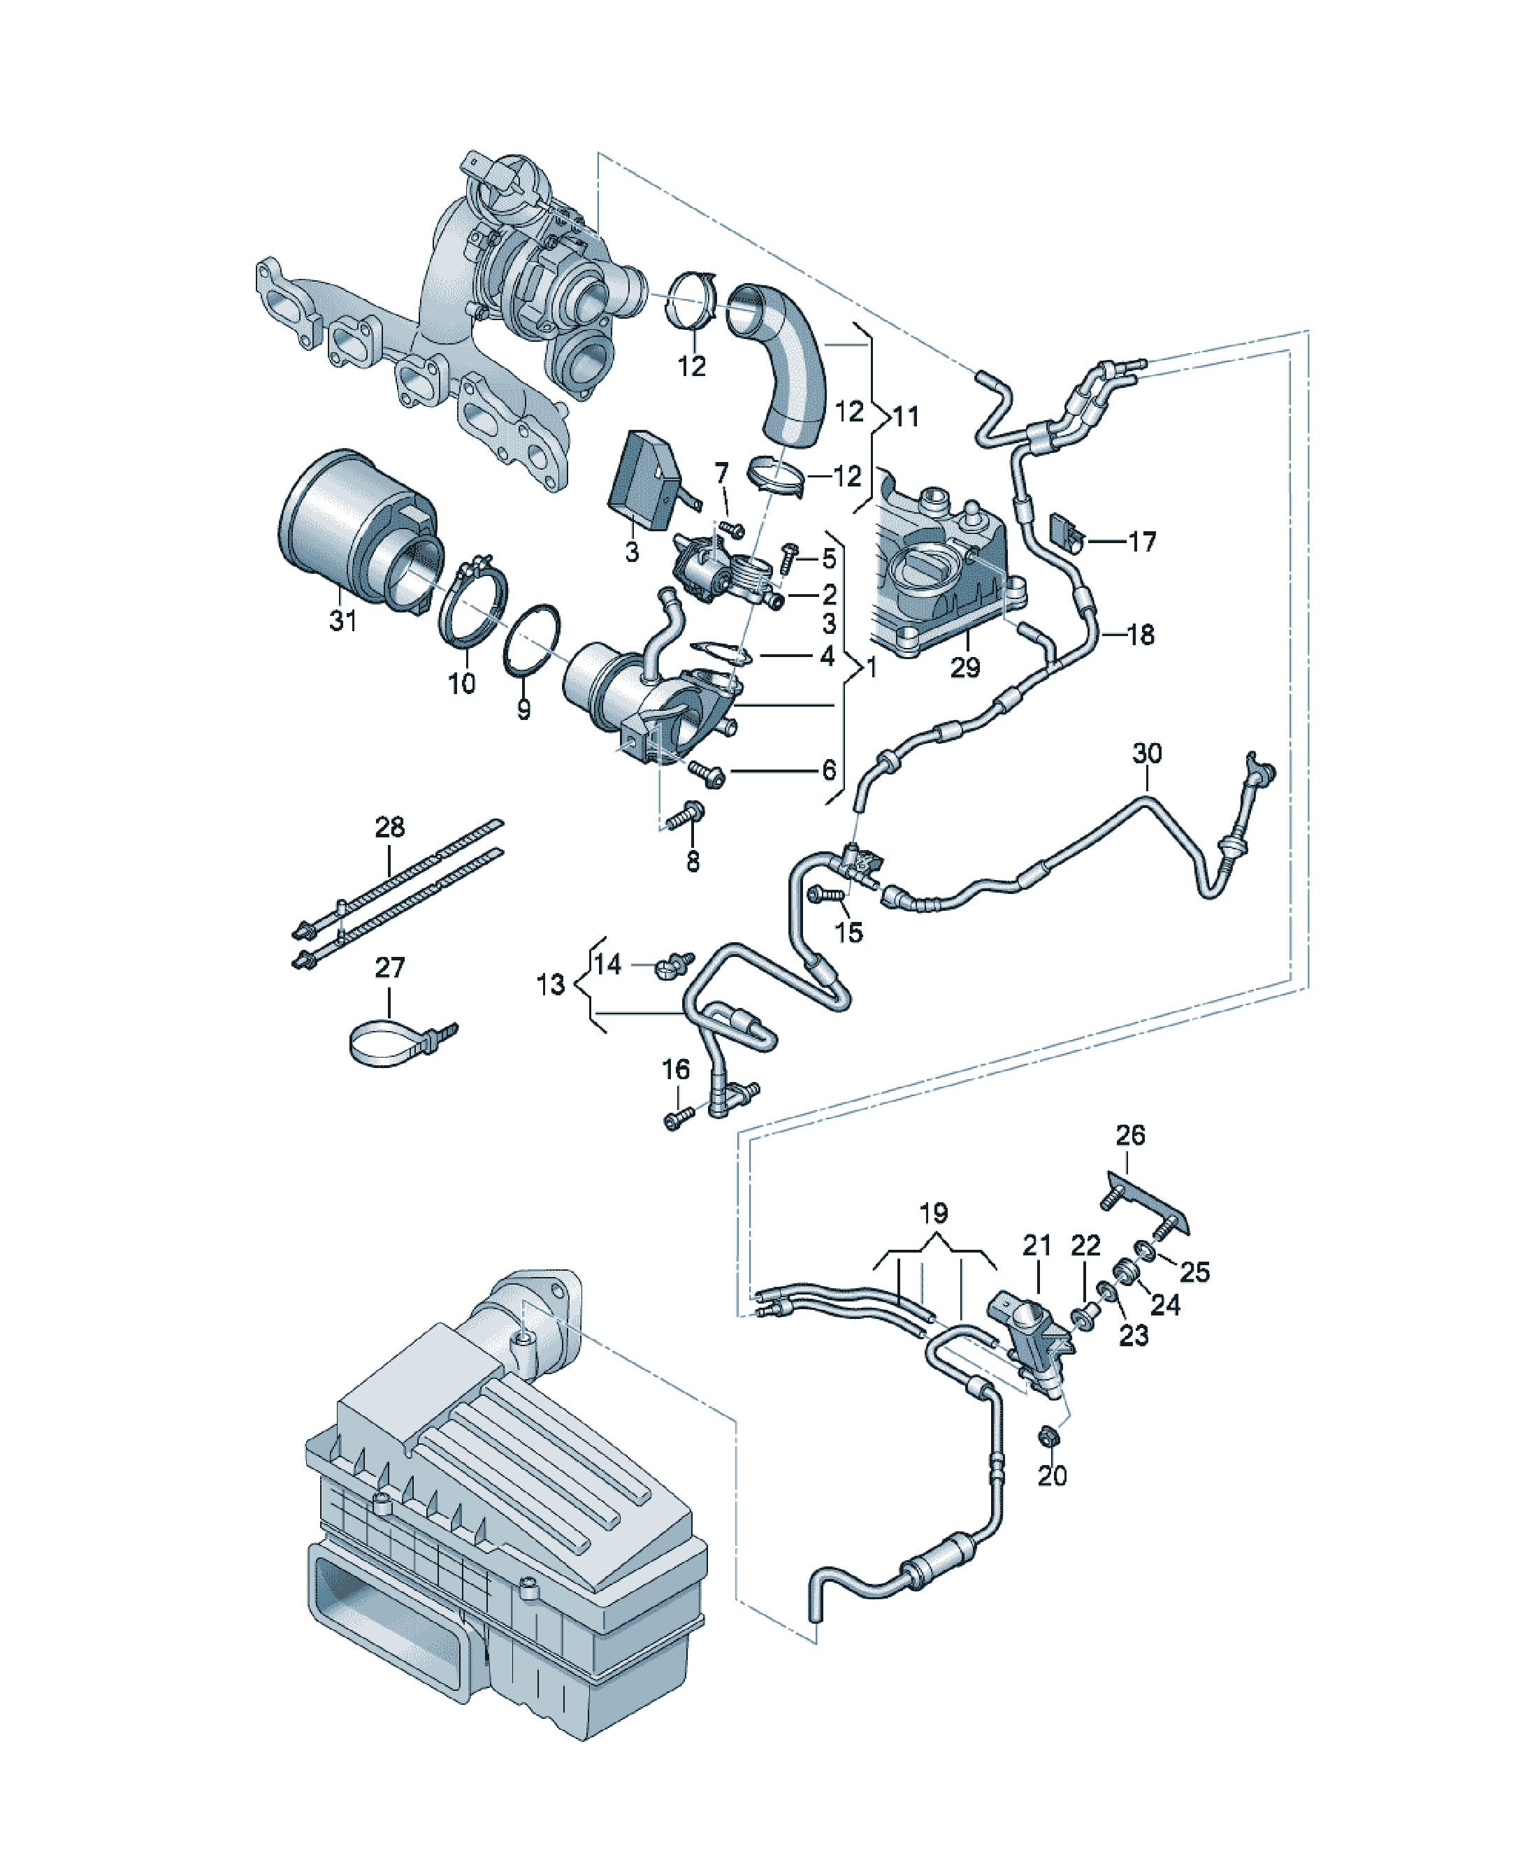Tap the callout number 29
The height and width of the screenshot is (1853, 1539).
[x=965, y=667]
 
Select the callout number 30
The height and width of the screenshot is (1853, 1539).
[x=1147, y=753]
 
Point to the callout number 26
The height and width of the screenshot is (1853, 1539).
[x=1130, y=1134]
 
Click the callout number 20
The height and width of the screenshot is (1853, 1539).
[x=1052, y=1476]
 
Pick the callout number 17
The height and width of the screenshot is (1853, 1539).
[x=1143, y=541]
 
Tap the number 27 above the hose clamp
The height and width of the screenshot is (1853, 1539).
[x=390, y=967]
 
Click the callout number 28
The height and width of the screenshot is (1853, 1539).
[x=390, y=827]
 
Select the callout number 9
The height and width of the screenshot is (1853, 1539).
[x=523, y=709]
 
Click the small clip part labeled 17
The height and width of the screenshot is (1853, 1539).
[x=1065, y=532]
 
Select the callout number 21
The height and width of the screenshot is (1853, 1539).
[x=1037, y=1245]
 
